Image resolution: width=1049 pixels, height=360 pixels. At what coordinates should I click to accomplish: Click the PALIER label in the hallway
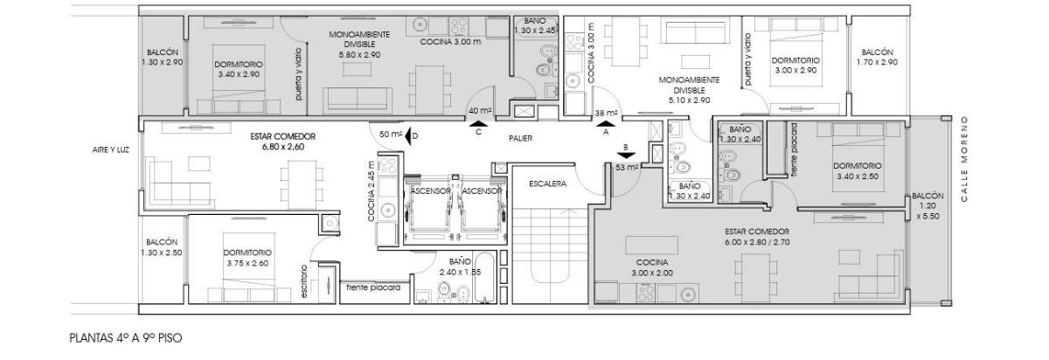520,138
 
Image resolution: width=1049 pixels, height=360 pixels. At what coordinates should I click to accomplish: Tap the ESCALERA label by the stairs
547,184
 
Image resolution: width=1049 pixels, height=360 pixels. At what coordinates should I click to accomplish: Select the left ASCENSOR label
430,191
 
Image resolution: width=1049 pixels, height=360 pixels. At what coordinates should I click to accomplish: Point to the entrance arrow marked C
479,123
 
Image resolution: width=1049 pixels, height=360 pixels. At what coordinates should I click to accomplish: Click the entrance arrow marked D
408,135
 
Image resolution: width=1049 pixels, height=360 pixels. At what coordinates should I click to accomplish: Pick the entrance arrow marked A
606,123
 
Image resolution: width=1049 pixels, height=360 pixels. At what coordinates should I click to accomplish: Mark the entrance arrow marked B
626,156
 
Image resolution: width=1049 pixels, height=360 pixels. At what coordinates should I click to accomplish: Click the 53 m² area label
628,167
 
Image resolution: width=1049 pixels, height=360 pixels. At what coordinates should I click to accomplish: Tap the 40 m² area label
480,111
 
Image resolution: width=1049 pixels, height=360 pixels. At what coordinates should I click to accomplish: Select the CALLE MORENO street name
963,159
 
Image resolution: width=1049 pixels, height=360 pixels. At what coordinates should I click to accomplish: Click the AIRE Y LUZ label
110,149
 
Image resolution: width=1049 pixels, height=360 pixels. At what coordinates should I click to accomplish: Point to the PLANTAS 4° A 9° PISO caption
126,337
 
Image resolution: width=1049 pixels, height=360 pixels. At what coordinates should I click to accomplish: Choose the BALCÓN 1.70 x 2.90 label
877,57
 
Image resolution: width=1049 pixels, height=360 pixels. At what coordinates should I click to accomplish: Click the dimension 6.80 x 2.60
283,147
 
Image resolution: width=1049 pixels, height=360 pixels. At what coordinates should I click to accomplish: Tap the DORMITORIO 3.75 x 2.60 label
247,258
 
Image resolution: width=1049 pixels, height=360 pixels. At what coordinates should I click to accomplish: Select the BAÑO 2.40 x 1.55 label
460,267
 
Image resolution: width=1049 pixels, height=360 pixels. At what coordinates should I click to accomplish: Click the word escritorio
304,281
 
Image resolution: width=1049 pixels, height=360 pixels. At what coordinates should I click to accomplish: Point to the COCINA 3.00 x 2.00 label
652,267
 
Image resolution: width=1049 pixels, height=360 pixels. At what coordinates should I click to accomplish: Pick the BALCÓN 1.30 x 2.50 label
162,247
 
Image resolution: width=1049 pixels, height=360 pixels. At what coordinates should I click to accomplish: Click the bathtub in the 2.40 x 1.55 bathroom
484,278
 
